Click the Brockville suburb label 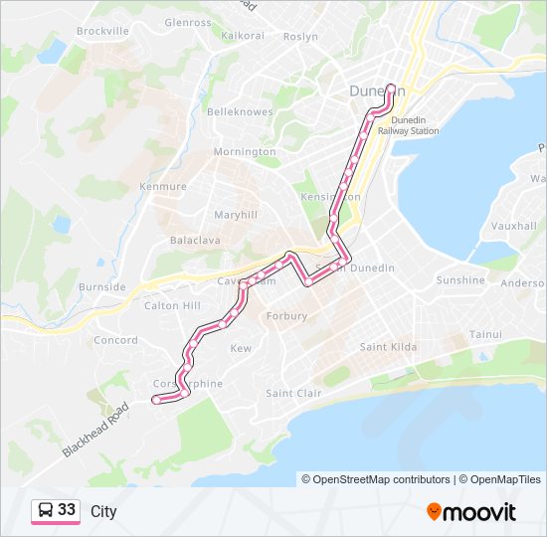click(102, 31)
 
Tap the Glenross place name click(188, 21)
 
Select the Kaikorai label click(243, 35)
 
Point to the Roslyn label click(300, 37)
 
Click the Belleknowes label click(240, 112)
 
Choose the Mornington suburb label click(246, 152)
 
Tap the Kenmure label click(163, 186)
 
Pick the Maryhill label click(236, 215)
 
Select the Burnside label click(102, 287)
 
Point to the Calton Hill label click(172, 306)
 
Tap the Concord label click(115, 340)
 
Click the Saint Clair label click(293, 394)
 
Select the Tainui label click(485, 334)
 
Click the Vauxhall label click(513, 227)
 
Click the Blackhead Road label click(96, 430)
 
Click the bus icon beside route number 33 click(46, 510)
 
